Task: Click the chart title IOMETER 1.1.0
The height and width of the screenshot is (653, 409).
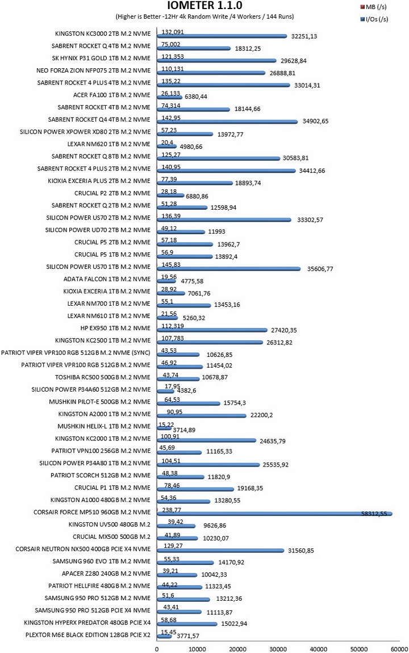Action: tap(204, 6)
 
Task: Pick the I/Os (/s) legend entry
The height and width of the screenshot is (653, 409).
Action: tap(374, 19)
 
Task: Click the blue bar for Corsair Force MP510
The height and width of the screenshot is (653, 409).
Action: tap(274, 514)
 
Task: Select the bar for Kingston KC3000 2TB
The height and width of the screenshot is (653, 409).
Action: tap(222, 36)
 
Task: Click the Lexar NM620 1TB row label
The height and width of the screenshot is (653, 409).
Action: tap(108, 144)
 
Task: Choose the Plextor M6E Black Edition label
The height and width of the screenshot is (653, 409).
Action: tap(88, 635)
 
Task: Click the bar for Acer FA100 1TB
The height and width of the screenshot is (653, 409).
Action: tap(170, 97)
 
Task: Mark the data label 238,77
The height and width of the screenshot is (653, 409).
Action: tap(172, 509)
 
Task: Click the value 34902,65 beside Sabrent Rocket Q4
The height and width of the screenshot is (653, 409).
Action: tap(315, 121)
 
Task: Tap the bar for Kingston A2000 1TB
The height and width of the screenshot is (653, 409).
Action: tap(202, 415)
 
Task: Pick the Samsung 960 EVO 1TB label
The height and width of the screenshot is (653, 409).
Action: tap(101, 562)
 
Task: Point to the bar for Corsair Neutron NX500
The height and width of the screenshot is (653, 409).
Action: tap(220, 551)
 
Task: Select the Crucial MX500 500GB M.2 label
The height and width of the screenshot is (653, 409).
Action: tap(111, 537)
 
